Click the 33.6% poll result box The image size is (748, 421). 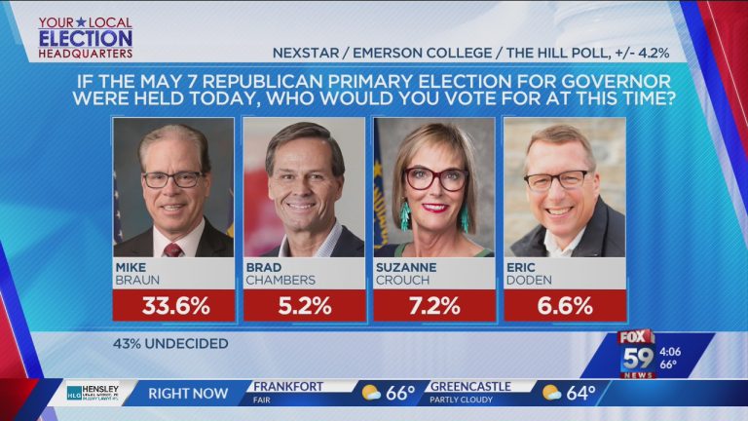pos(174,305)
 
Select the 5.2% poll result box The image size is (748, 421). pos(304,305)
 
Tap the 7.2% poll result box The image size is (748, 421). pos(434,305)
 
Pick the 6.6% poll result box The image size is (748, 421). pos(564,305)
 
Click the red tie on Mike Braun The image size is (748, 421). pos(172,249)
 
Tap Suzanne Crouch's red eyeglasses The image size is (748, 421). pos(435,178)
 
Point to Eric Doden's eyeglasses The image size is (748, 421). pos(557,180)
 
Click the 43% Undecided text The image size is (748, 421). pos(170,343)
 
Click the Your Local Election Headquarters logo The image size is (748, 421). pos(85,37)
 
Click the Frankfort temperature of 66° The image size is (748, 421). pos(400,393)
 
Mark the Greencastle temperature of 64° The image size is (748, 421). pos(581,393)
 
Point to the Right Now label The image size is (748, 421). pos(189,393)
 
